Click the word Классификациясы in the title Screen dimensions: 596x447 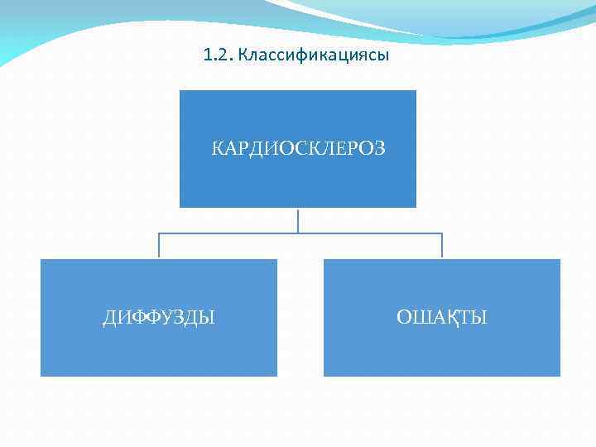point(313,56)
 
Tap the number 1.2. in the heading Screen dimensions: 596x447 point(218,56)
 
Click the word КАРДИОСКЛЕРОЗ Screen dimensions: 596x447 point(298,149)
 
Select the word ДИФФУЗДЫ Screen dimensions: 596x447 point(159,318)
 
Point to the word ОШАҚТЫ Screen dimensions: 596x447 point(442,318)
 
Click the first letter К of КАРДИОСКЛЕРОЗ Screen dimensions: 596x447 point(218,149)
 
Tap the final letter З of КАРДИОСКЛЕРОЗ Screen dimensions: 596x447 point(379,149)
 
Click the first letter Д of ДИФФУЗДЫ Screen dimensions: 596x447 point(110,318)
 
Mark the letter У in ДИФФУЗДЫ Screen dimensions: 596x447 point(165,318)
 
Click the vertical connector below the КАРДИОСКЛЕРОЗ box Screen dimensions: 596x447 point(298,220)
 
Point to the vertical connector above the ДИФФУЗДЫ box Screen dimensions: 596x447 point(159,247)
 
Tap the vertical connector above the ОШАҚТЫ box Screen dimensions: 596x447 point(442,247)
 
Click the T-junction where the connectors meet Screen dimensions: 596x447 point(298,233)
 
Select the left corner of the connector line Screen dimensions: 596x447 point(159,233)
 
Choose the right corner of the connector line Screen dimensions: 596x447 point(442,233)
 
